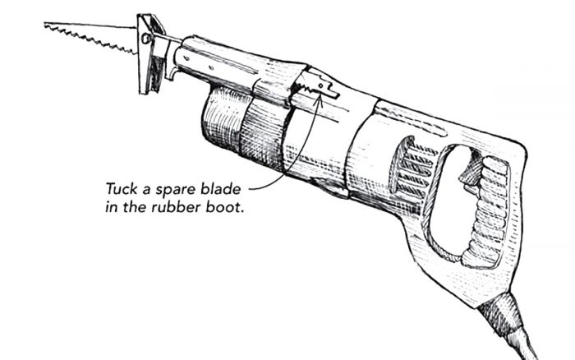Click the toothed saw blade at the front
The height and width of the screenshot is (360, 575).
pyautogui.click(x=90, y=35)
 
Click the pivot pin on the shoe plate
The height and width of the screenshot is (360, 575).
pyautogui.click(x=146, y=38)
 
